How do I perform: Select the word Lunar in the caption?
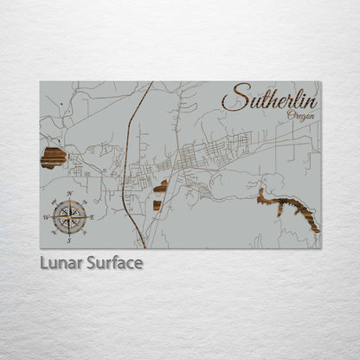61,262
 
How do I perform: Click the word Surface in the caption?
114,262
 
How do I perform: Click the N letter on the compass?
68,194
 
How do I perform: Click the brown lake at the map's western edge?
54,157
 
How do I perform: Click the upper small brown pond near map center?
161,185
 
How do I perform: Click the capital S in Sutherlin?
231,98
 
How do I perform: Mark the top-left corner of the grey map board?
40,82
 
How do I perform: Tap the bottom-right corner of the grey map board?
320,248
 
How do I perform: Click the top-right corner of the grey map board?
320,82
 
